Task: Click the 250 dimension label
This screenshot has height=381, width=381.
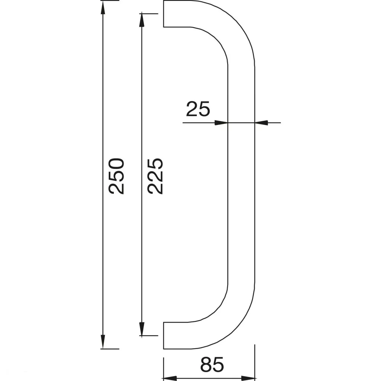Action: pyautogui.click(x=116, y=176)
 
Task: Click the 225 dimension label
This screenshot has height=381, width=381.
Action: pyautogui.click(x=155, y=176)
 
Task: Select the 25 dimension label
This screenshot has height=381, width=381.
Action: pyautogui.click(x=198, y=109)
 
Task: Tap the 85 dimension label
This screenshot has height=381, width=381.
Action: pyautogui.click(x=212, y=365)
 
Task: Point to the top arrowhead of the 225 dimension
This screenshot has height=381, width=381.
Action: pyautogui.click(x=142, y=20)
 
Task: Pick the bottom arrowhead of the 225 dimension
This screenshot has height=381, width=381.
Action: pyautogui.click(x=142, y=329)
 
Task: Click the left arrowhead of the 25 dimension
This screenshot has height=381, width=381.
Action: pyautogui.click(x=221, y=123)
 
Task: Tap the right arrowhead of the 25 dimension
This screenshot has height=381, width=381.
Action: pyautogui.click(x=261, y=123)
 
